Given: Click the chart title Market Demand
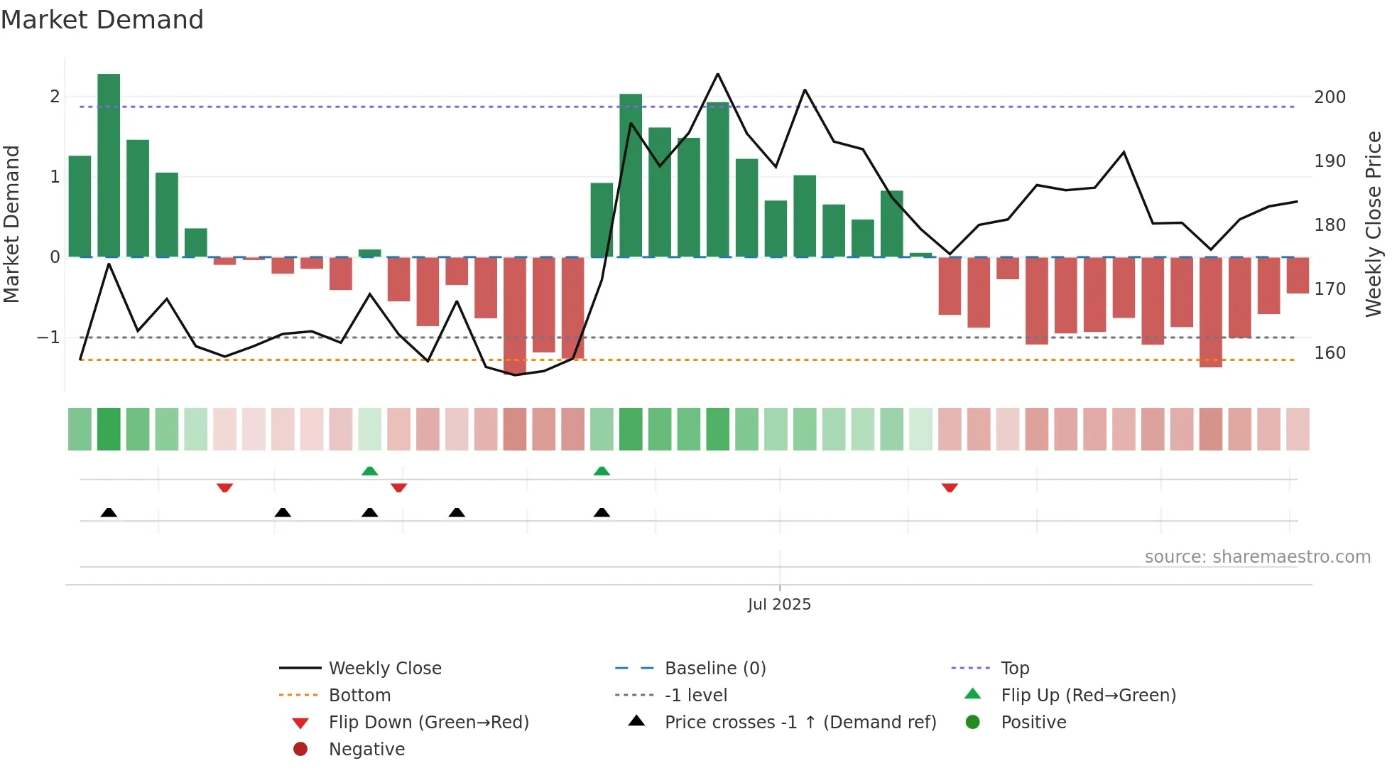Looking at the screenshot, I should pos(102,20).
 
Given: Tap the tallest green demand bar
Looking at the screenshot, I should pos(109,165).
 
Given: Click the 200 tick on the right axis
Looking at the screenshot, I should pos(1330,97).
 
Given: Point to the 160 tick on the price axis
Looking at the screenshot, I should pos(1330,353).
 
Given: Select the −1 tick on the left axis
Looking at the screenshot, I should pos(48,337).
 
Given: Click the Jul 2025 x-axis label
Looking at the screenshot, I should pos(779,605).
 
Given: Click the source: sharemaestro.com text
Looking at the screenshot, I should pos(1257,557).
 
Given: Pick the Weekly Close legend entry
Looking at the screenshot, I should pos(384,669).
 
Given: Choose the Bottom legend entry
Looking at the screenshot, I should pos(359,696).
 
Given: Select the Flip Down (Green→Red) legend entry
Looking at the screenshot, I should pos(428,723).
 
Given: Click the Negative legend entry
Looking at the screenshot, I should pos(366,750).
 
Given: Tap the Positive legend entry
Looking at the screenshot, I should pos(1033,723).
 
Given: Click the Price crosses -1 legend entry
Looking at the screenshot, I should pos(800,723).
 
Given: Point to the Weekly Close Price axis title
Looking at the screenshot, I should pos(1374,224).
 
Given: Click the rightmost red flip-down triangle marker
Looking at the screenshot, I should pos(950,487).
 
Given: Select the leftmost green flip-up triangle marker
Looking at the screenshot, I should pos(369,471).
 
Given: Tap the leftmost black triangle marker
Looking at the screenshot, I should pos(109,512).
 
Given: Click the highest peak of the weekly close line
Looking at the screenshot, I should pos(718,74).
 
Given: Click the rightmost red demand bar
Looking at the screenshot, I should pos(1298,275).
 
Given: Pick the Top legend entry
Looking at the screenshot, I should pos(1014,669).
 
